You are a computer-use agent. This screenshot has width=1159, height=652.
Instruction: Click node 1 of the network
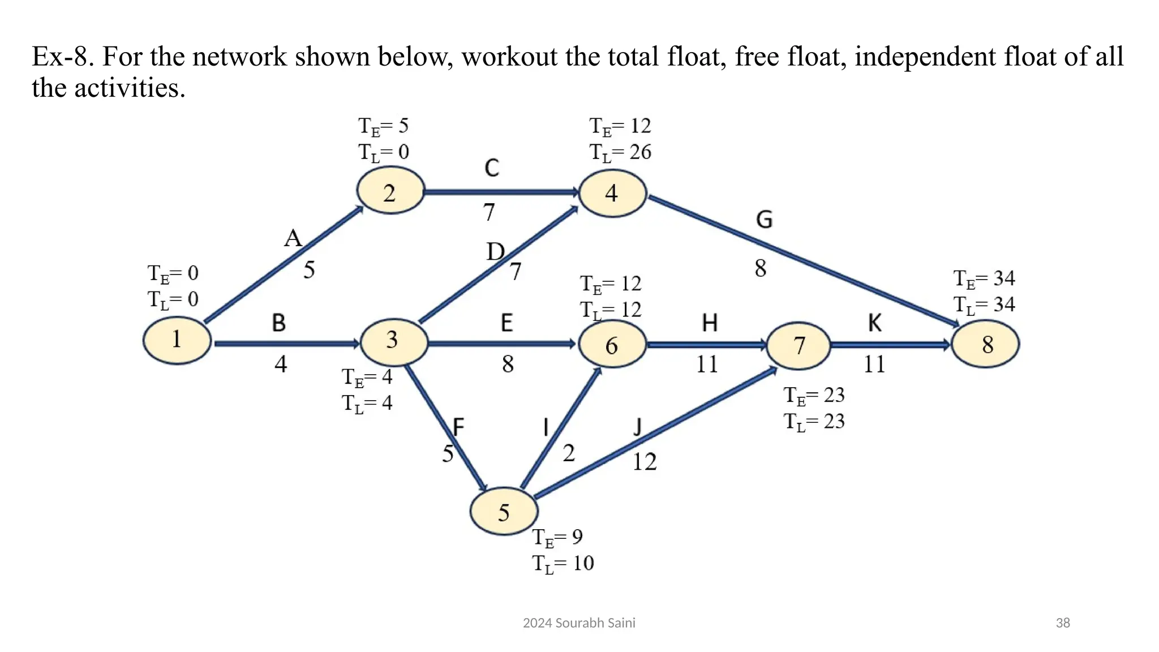coord(177,340)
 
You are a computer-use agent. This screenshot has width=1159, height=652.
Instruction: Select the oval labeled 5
coord(504,512)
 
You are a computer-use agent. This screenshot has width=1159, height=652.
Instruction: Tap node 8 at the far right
coord(986,344)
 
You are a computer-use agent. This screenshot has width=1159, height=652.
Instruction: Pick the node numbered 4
coord(612,194)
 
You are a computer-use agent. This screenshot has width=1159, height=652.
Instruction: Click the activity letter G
coord(764,220)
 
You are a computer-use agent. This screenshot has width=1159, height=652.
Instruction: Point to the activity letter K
coord(875,323)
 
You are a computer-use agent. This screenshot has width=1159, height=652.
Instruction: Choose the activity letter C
coord(492,168)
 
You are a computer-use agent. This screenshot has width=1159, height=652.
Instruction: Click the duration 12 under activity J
coord(644,462)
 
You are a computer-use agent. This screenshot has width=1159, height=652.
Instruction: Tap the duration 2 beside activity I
coord(569,453)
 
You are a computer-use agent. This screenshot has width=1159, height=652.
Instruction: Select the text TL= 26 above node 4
coord(620,152)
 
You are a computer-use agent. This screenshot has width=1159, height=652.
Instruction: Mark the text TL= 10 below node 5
coord(563,564)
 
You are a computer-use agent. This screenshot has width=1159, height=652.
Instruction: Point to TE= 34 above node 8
coord(984,279)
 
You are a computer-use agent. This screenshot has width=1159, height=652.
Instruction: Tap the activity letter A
coord(293,238)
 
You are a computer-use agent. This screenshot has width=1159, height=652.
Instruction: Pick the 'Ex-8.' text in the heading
coord(63,57)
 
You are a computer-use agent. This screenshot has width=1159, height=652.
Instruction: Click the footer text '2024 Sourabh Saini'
coord(579,623)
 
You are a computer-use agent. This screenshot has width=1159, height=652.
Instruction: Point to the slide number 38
coord(1062,623)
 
